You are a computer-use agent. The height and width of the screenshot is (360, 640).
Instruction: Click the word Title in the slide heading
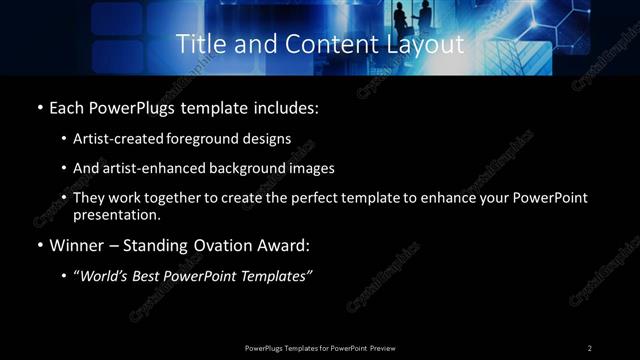point(199,45)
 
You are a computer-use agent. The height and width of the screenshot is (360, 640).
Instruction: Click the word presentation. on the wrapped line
point(116,214)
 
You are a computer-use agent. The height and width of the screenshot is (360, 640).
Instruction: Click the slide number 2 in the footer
point(590,348)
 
